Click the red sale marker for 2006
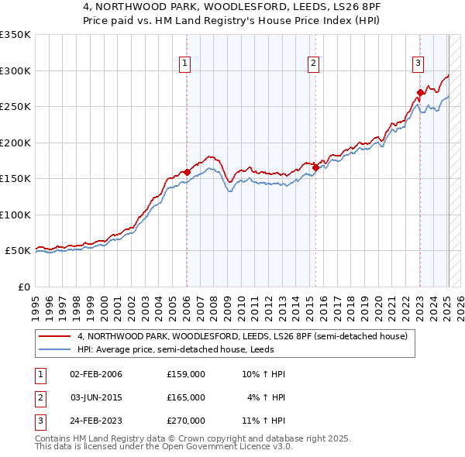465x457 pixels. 187,172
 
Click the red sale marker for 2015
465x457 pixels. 315,167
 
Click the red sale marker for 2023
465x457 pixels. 420,92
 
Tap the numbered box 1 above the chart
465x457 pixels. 186,64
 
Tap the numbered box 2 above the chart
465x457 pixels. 314,64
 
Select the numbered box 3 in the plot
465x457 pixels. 418,64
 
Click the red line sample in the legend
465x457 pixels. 54,337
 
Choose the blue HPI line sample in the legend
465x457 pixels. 54,349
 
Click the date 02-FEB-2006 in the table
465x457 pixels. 95,374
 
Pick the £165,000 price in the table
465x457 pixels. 186,397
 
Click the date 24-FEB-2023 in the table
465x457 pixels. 95,421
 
